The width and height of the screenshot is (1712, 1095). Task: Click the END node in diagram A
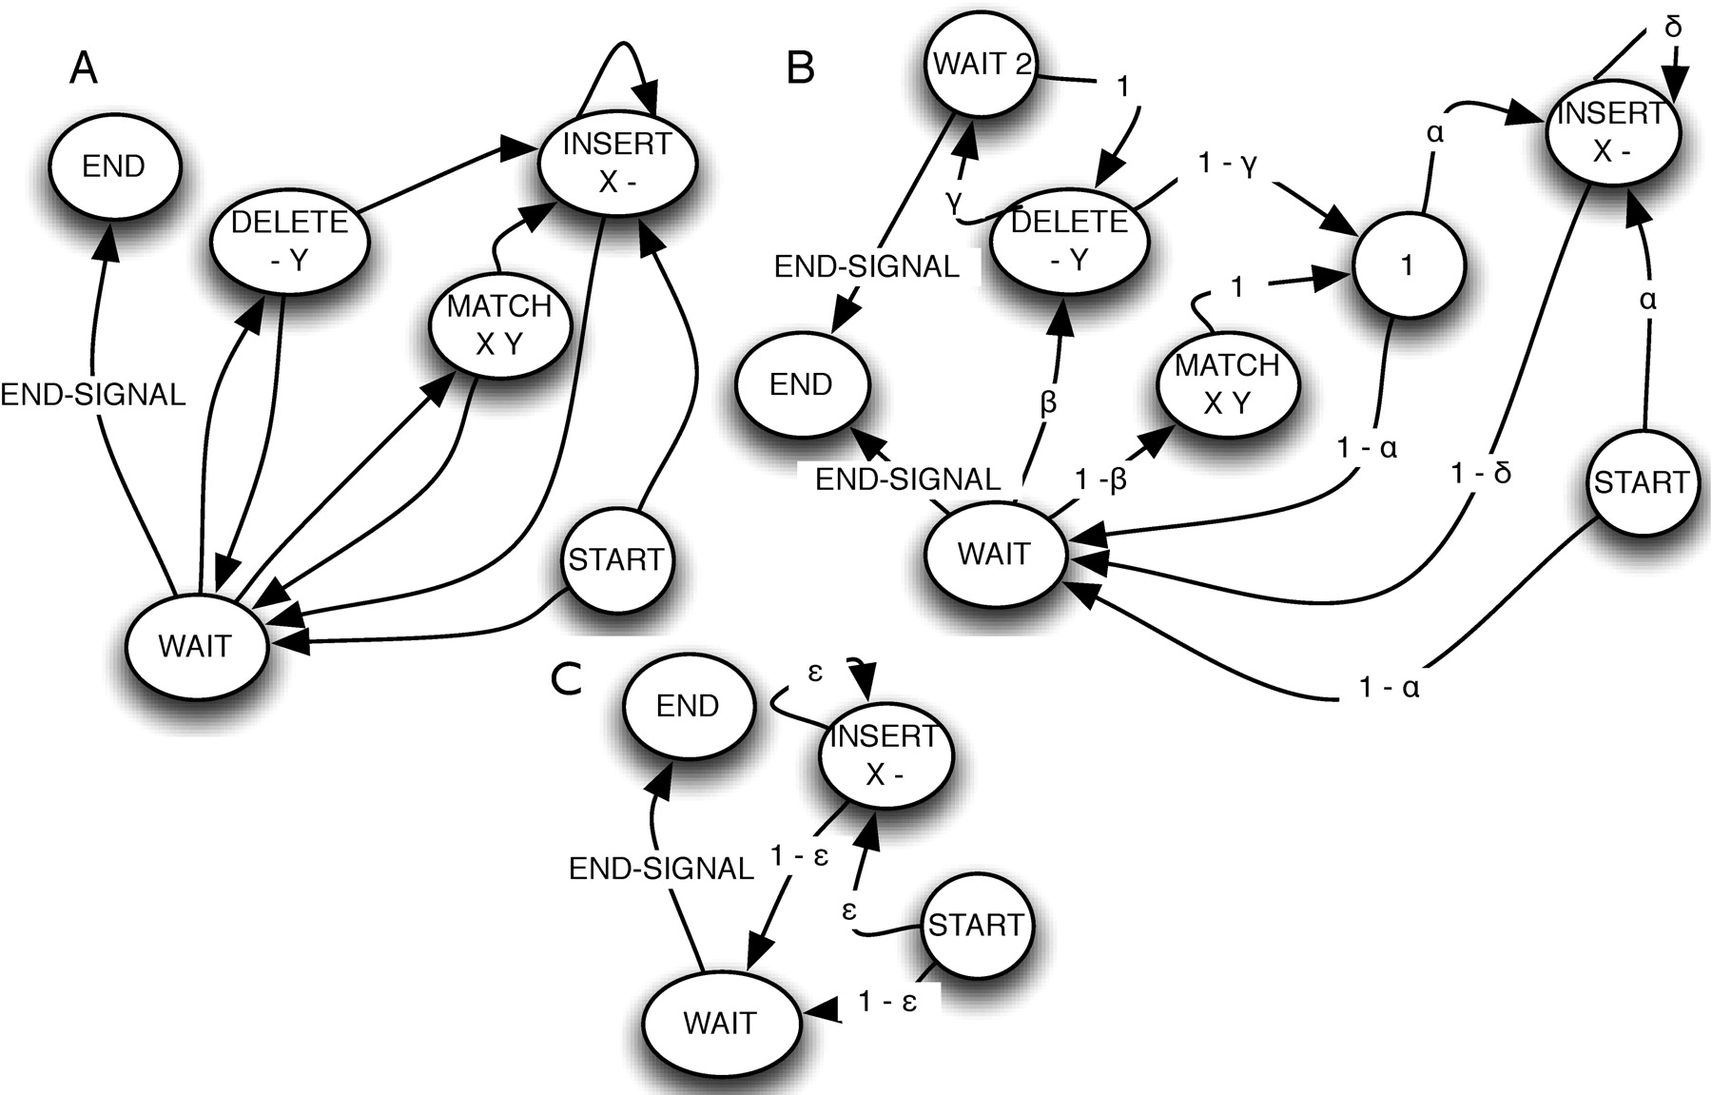pos(114,166)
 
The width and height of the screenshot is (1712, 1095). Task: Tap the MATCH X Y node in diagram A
pos(499,324)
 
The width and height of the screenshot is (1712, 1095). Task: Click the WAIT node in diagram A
pos(195,645)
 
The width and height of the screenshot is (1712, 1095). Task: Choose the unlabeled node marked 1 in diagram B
pos(1407,265)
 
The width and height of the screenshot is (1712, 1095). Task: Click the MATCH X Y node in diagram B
pos(1227,383)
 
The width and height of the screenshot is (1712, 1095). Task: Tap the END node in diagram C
pos(688,706)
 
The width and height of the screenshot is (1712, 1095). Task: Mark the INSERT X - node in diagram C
pos(885,754)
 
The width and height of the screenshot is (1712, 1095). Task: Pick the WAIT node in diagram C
pos(720,1023)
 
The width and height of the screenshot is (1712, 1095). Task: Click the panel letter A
pos(84,68)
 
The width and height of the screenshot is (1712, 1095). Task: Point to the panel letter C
pos(567,678)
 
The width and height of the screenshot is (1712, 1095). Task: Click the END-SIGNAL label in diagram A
pos(93,394)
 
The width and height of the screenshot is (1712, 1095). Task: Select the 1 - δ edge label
pos(1482,473)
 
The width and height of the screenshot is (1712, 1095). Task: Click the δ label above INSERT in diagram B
pos(1673,27)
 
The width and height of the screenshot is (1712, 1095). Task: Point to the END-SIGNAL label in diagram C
pos(662,868)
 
